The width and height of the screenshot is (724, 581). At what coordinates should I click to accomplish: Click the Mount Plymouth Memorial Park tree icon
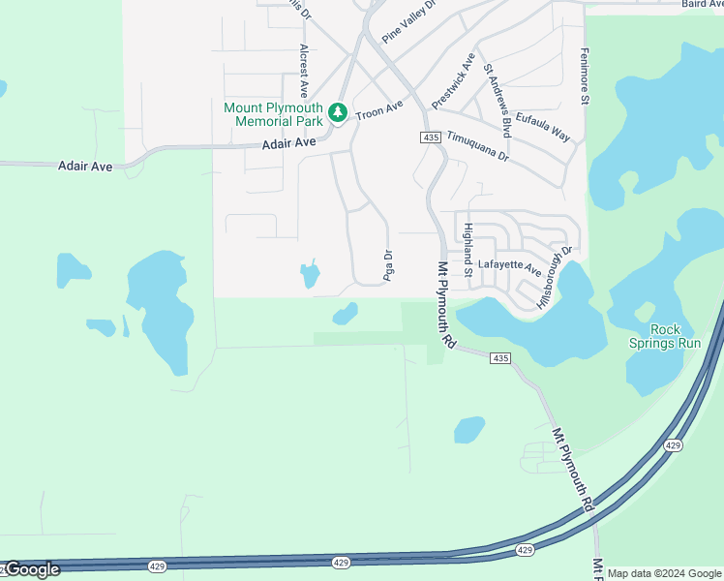coord(337,113)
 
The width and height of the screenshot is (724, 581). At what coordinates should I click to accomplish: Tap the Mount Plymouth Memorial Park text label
coord(274,114)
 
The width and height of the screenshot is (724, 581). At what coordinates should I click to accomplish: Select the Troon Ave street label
coord(378,110)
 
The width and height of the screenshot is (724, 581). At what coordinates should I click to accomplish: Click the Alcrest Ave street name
coord(304,70)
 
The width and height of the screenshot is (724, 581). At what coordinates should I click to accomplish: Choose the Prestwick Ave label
coord(453,80)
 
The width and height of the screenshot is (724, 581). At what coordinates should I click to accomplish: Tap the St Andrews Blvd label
coord(498,101)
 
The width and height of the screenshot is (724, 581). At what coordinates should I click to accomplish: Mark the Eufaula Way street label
coord(543,127)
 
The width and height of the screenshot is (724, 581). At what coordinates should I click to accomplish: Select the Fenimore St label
coord(585,76)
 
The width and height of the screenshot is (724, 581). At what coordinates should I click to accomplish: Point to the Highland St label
coord(468,250)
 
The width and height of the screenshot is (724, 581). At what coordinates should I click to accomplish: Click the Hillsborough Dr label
coord(557,276)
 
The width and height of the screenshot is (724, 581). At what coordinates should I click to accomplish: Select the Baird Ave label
coord(703,5)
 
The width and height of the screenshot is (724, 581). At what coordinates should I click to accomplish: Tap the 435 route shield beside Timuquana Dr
coord(431,138)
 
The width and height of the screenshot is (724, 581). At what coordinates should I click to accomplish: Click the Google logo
coord(30,569)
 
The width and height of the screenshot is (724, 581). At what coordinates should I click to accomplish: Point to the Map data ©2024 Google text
coord(664,573)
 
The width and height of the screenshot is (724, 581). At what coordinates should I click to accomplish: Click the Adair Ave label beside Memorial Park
coord(289,143)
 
